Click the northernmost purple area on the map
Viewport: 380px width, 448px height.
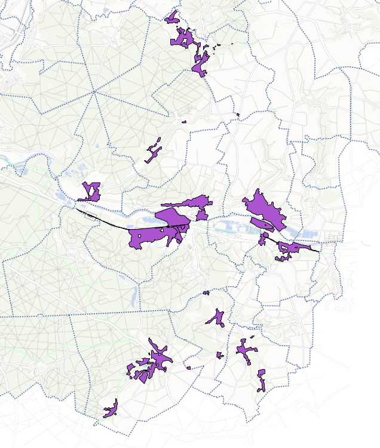pos(173,17)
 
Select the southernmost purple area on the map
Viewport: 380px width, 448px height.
pos(111,410)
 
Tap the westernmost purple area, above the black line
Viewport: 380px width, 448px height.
pos(91,192)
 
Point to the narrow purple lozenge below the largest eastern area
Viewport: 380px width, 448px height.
pos(262,224)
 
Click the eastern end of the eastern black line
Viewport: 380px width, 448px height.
pos(318,252)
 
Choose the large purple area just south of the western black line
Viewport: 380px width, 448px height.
pos(152,236)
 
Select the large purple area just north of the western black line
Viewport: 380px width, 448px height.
pos(173,217)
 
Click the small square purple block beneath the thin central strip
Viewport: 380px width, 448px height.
pos(202,214)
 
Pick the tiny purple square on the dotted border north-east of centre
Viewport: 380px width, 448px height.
pos(238,114)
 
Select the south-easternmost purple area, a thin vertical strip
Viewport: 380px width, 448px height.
pos(261,380)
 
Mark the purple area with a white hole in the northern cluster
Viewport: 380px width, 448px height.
pos(183,39)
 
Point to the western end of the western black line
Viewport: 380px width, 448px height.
pos(76,209)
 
